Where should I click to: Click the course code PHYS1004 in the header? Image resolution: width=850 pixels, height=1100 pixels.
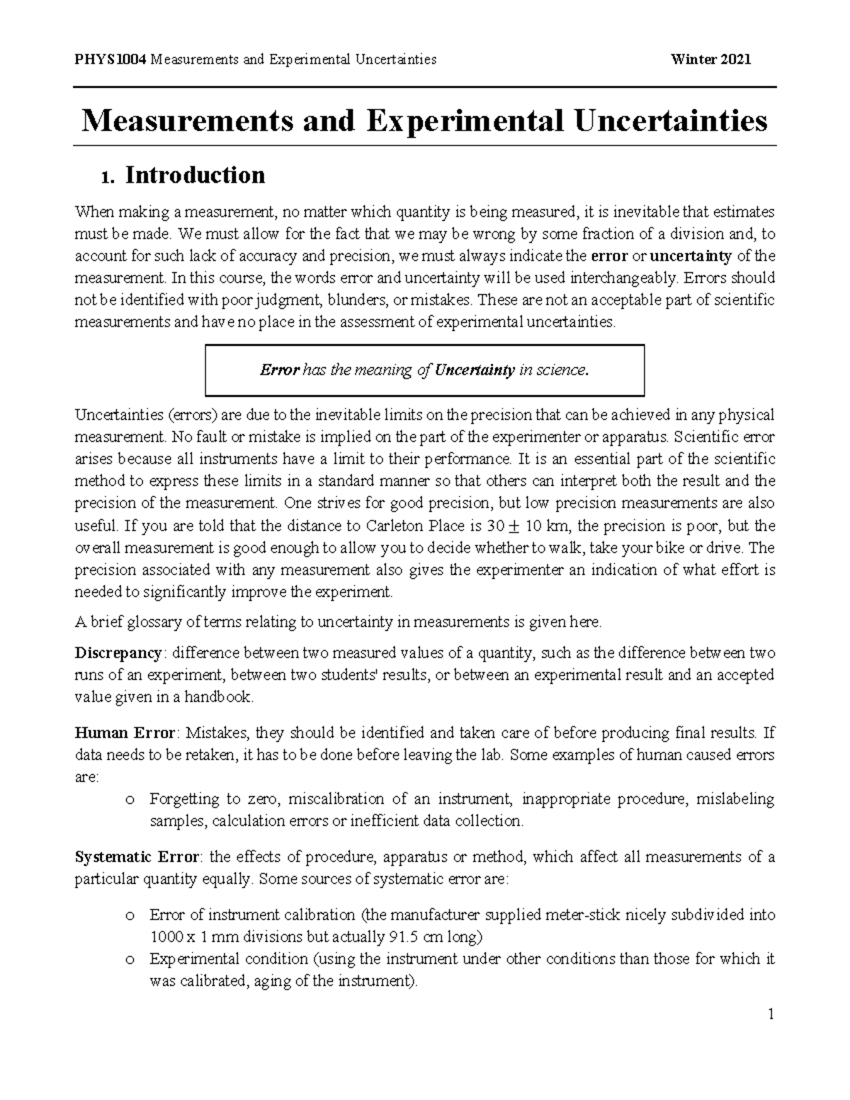click(110, 59)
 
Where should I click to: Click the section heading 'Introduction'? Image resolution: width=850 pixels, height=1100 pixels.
click(195, 175)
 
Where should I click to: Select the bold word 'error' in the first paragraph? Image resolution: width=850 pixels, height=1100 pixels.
click(608, 256)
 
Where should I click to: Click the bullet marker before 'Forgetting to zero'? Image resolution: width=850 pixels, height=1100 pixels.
click(128, 800)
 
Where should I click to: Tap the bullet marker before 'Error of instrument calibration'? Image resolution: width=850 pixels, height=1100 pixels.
click(128, 916)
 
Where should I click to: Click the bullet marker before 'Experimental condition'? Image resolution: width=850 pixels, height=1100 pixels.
click(128, 960)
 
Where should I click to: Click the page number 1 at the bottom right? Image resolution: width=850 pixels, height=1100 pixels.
click(771, 1014)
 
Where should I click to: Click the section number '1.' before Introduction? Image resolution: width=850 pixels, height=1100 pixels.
click(107, 176)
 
